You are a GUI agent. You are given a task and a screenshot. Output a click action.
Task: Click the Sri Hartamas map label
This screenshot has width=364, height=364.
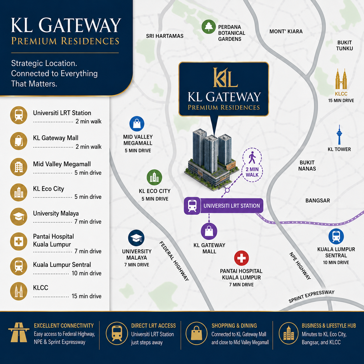pos(165,36)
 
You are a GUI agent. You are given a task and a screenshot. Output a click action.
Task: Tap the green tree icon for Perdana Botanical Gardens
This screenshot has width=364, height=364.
pos(208,27)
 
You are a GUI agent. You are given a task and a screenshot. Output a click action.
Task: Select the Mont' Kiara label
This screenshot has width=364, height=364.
pos(286,31)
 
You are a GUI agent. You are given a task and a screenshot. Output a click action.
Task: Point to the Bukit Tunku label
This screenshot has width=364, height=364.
pos(344,46)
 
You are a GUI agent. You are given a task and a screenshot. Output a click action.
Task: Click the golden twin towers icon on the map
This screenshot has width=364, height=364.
pos(341,79)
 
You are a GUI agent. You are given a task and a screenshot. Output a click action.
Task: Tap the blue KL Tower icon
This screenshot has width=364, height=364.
pos(339,135)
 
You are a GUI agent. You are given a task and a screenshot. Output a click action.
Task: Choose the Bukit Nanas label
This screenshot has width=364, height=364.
pos(307,165)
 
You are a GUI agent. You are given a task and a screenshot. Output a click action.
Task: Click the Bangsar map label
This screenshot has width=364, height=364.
pos(318,200)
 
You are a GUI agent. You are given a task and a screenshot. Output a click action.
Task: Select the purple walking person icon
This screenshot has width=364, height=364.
pos(252,157)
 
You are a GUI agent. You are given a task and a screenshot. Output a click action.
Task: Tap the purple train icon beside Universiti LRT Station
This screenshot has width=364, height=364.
pos(192,206)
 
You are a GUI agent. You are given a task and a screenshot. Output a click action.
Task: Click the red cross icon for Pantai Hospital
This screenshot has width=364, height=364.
pos(241,258)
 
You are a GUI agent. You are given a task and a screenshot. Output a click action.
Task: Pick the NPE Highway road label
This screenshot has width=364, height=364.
pos(300,266)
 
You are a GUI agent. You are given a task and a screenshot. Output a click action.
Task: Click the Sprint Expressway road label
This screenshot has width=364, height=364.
pos(311,297)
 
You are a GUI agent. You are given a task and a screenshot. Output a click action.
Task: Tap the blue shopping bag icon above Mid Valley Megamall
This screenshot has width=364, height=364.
pos(137,124)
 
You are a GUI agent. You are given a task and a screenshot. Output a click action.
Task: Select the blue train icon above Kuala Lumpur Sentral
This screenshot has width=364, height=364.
pos(336,236)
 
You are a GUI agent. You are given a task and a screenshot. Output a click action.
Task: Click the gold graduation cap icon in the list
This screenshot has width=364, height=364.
pos(19,217)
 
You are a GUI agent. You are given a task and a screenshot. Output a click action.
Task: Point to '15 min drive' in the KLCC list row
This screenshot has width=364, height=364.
pos(87,296)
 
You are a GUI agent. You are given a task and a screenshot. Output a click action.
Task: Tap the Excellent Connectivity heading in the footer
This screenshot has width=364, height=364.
pos(64,326)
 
